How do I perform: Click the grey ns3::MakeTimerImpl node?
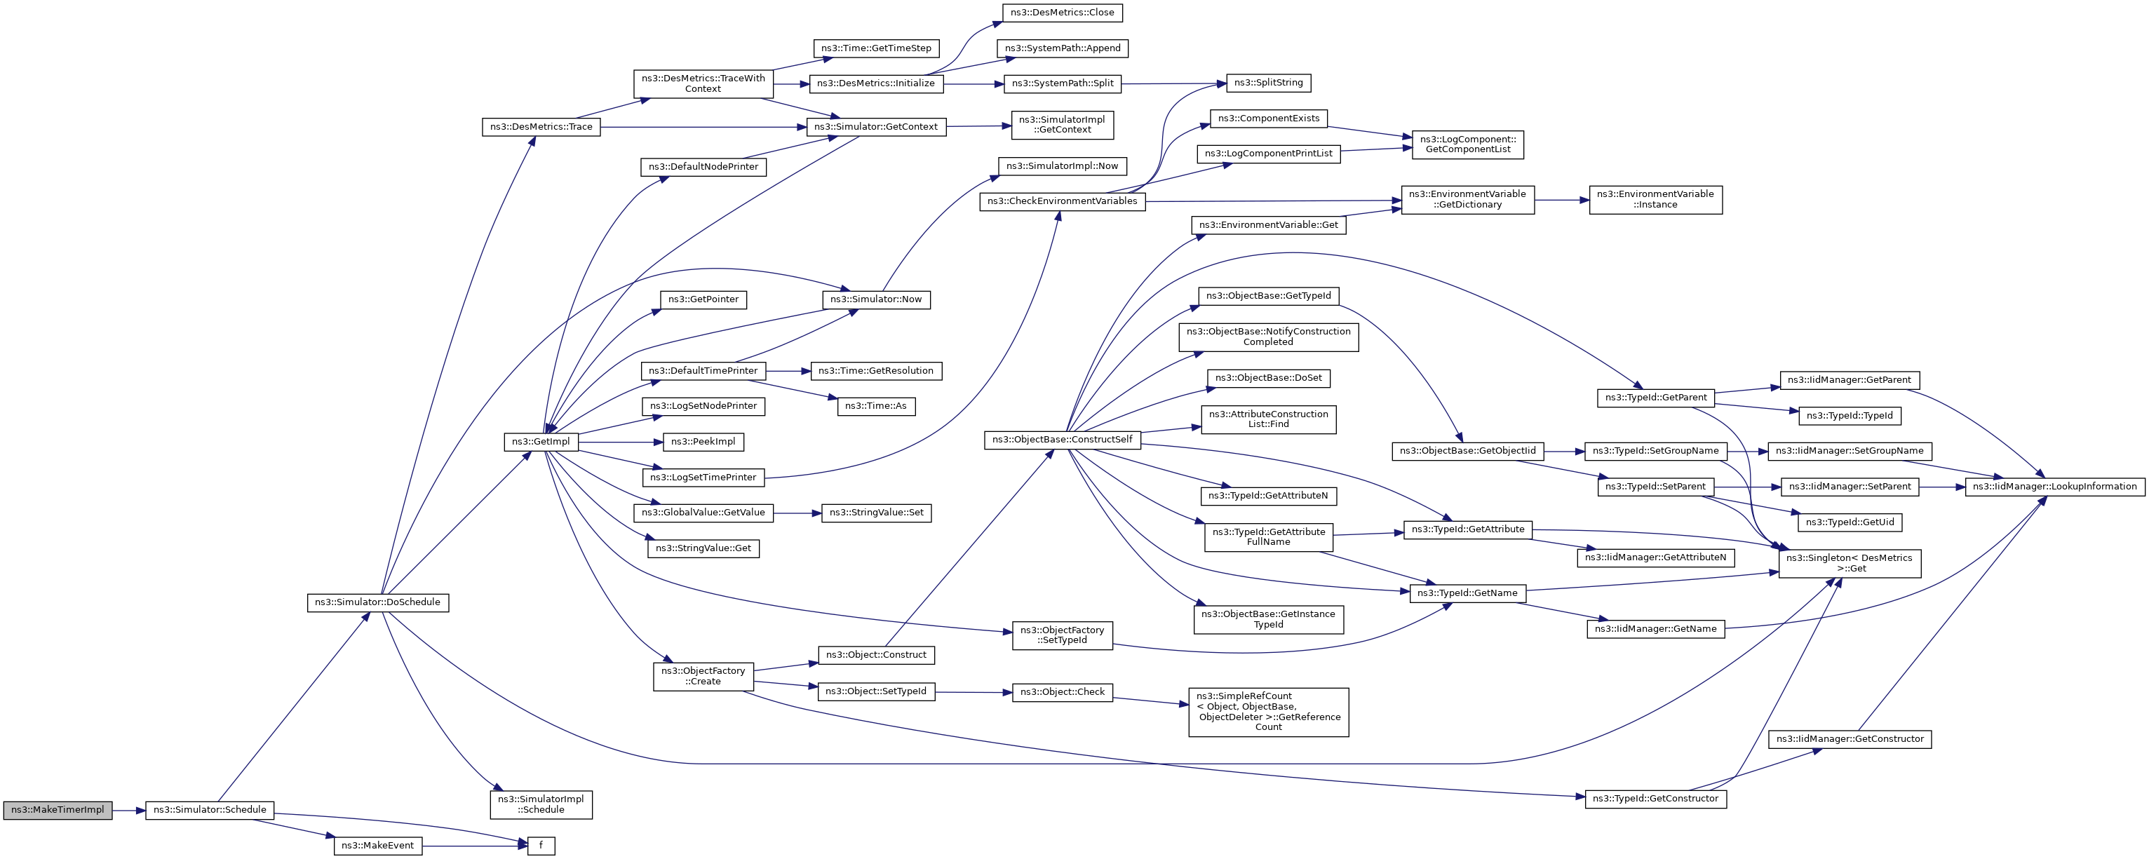[57, 810]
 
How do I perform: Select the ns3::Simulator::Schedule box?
[210, 810]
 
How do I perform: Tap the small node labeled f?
[541, 846]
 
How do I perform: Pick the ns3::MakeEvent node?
[377, 846]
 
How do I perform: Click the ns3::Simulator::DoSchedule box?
[377, 602]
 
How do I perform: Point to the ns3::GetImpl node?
[541, 442]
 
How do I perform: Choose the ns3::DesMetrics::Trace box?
[541, 127]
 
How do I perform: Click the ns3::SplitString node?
[1268, 83]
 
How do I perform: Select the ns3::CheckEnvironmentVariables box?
[1062, 202]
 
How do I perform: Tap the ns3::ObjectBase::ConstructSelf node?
[1062, 440]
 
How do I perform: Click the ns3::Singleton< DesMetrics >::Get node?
[1850, 563]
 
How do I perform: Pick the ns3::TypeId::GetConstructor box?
[1655, 799]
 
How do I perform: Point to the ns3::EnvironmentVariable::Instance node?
[1655, 199]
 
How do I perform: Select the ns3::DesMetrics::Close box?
[1062, 13]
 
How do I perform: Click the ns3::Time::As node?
[876, 406]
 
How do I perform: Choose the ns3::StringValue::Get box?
[703, 549]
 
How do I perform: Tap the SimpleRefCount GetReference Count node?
[1268, 711]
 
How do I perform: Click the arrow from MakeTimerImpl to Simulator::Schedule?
[128, 810]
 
